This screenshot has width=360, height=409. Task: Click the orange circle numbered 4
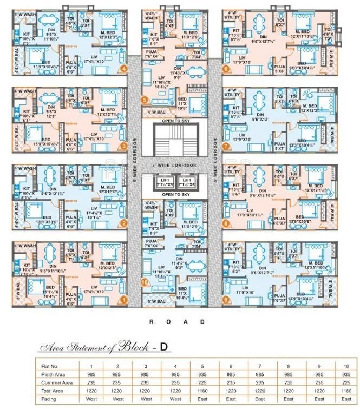coord(124,69)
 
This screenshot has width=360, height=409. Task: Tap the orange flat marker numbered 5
coord(144,100)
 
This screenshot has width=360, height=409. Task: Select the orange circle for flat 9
coord(225,300)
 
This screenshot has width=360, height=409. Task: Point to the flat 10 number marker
coord(144,282)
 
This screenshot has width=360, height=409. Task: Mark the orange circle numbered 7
coord(225,146)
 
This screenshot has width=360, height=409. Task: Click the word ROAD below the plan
coord(178,321)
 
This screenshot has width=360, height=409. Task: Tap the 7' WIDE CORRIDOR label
coord(178,164)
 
